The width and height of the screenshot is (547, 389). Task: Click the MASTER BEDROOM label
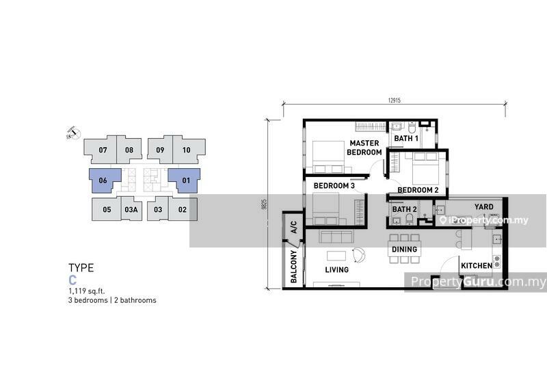[364, 148]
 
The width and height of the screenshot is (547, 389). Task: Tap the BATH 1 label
[406, 139]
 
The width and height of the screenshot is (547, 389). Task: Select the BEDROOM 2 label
[418, 190]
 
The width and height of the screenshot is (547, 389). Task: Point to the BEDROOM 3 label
[334, 185]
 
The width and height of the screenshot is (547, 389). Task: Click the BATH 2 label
[404, 209]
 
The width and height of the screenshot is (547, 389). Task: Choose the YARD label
[484, 207]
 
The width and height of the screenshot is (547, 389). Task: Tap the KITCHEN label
[477, 266]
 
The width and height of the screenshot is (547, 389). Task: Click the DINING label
[404, 250]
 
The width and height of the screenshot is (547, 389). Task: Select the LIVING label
[336, 269]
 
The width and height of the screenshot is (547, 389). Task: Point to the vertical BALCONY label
[294, 266]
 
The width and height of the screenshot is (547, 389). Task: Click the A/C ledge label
[294, 227]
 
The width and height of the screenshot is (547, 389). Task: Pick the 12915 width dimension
[395, 100]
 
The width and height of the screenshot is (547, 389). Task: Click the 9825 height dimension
[265, 204]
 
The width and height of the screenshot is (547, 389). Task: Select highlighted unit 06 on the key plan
[103, 180]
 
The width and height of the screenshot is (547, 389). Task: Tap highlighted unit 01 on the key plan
[186, 180]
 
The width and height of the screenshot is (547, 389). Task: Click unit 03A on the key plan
[131, 209]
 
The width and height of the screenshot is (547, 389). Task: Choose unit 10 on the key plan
[186, 150]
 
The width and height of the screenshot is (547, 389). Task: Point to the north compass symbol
[73, 133]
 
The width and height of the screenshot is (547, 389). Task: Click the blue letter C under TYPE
[72, 280]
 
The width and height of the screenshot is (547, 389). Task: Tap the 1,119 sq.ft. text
[87, 291]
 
